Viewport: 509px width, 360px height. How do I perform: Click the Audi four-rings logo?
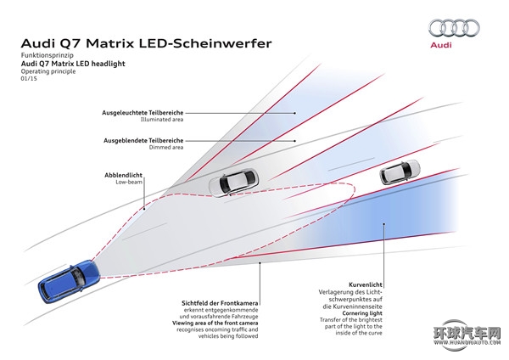pos(453,28)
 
